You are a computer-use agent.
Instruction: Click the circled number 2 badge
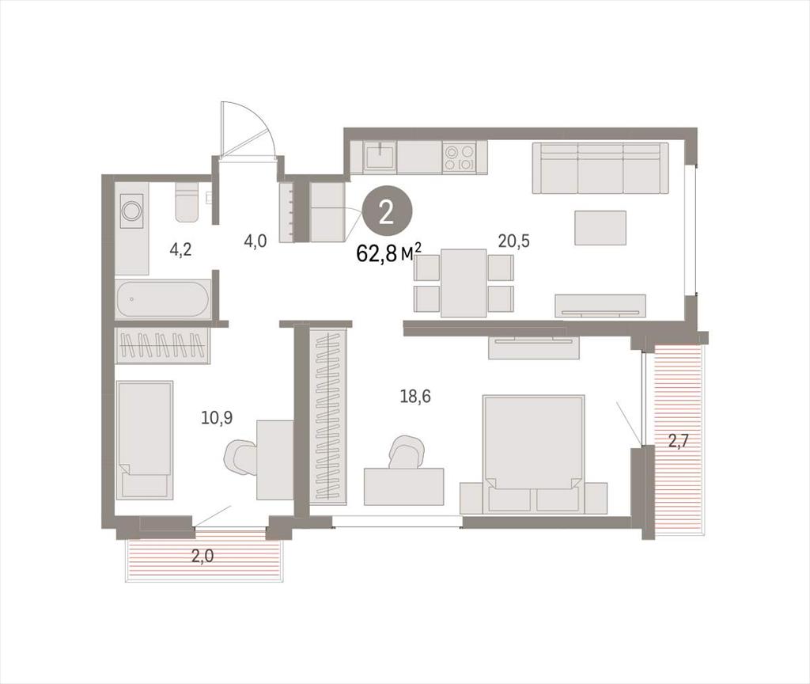(x=387, y=213)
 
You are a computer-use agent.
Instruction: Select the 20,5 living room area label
(x=514, y=241)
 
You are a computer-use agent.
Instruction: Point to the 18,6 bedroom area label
(x=415, y=397)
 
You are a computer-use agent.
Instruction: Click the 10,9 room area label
(x=217, y=418)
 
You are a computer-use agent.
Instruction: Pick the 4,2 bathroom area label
(x=181, y=250)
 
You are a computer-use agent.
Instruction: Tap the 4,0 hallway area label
(x=255, y=241)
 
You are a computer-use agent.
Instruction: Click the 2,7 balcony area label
(x=679, y=441)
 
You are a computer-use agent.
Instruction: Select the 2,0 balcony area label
(x=202, y=557)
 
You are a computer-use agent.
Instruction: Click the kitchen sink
(x=380, y=158)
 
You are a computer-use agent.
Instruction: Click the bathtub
(x=163, y=298)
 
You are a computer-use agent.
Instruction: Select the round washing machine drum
(x=131, y=211)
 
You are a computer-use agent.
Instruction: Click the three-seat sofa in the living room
(x=600, y=168)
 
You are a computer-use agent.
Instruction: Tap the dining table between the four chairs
(x=464, y=283)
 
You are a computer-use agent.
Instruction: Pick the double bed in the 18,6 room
(x=533, y=454)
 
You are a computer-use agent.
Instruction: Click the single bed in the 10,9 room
(x=146, y=440)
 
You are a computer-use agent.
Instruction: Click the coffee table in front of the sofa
(x=600, y=227)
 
